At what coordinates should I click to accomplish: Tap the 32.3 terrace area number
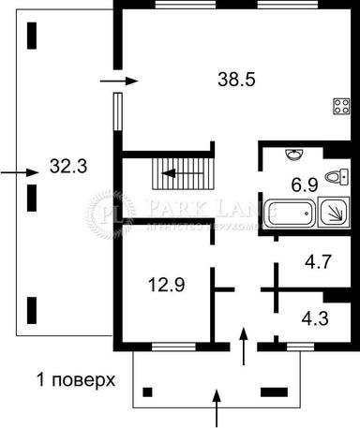67,169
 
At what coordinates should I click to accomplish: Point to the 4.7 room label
319,265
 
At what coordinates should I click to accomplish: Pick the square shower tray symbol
333,215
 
